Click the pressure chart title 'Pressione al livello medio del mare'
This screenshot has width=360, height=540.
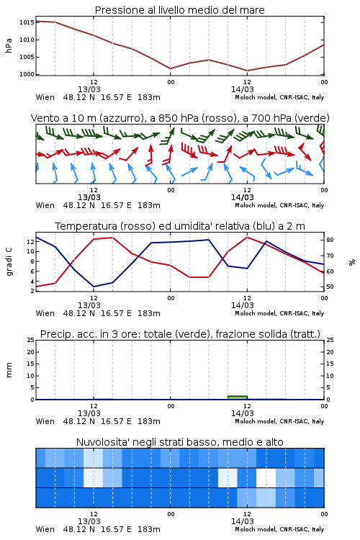(179, 10)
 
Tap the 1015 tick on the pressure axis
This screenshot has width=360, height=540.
(27, 22)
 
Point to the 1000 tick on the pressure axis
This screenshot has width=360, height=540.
(27, 74)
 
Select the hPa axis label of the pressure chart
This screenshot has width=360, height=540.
(9, 45)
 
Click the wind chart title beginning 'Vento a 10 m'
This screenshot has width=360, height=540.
(180, 118)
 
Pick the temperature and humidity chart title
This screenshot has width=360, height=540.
(180, 226)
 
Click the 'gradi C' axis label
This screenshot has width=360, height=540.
(9, 262)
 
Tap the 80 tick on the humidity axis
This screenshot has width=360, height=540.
(330, 240)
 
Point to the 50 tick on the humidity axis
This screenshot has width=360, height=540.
(330, 287)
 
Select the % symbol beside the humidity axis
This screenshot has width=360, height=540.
(352, 262)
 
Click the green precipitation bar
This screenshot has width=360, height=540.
(238, 397)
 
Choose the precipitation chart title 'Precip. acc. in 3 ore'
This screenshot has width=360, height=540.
(180, 334)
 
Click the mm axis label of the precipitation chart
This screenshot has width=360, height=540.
(9, 370)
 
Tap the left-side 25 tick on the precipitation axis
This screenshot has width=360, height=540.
(31, 340)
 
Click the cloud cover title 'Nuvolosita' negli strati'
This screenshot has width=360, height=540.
(179, 442)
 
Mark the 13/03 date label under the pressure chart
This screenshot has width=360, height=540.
(89, 89)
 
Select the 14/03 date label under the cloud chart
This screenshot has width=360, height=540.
(242, 521)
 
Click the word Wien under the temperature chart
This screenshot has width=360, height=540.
(45, 313)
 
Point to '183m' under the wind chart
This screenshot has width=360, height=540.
(149, 205)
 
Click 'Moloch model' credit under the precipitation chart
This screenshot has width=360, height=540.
(256, 421)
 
